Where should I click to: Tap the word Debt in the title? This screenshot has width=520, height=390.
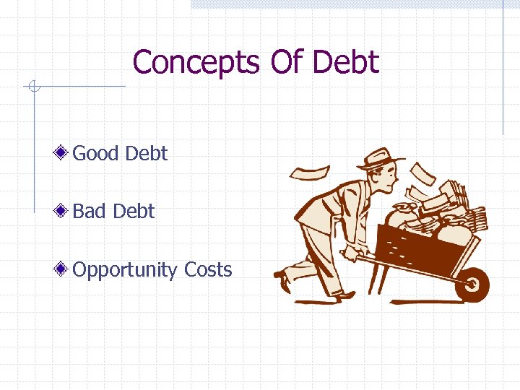[346, 63]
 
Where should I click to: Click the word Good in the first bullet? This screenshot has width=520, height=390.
[97, 153]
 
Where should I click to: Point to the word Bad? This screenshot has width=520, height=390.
[89, 212]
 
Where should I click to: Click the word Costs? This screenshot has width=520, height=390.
[208, 270]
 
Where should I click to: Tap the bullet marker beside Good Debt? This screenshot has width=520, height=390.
[64, 153]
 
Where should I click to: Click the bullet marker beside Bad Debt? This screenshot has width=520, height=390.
[64, 212]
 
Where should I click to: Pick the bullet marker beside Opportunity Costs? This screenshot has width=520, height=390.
[64, 270]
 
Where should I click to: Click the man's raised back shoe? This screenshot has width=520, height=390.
[282, 280]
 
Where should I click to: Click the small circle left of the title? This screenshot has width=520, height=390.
[32, 88]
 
